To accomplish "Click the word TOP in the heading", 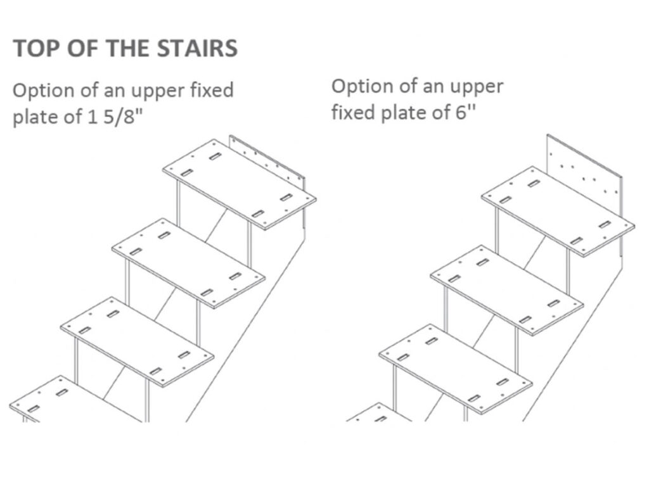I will [35, 49].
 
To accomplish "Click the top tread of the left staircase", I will [240, 184].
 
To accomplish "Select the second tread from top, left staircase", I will [188, 263].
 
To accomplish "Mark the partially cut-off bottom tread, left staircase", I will [70, 402].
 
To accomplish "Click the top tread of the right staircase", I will [558, 211].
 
